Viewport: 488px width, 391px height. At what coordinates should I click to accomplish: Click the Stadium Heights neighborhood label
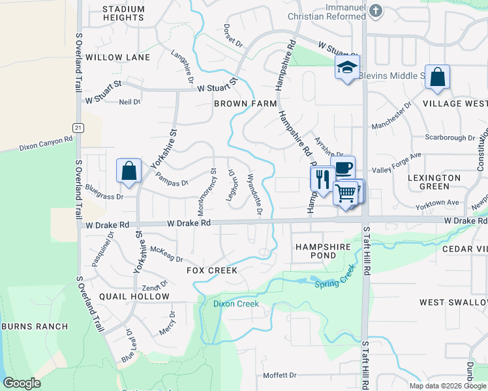point(123,13)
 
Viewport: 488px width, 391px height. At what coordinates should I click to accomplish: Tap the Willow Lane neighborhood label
point(117,57)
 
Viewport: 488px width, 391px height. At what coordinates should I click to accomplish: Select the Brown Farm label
point(245,104)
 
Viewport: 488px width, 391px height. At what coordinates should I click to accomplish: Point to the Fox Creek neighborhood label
point(211,270)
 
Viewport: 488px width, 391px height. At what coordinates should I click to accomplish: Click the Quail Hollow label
point(134,297)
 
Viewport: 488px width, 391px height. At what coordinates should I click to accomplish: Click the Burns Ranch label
point(35,326)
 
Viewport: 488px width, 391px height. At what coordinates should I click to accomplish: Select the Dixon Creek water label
point(236,304)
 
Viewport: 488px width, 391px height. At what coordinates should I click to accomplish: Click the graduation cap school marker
point(347,67)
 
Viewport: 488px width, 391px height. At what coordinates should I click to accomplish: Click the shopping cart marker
point(346,192)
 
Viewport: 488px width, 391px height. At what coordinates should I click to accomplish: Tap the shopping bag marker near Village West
point(437,76)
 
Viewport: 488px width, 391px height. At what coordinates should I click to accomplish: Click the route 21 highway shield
point(78,128)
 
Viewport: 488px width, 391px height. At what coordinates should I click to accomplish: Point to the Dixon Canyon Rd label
point(46,141)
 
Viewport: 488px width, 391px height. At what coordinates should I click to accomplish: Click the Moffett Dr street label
point(279,375)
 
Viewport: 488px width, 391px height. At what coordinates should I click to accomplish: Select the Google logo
point(22,383)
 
